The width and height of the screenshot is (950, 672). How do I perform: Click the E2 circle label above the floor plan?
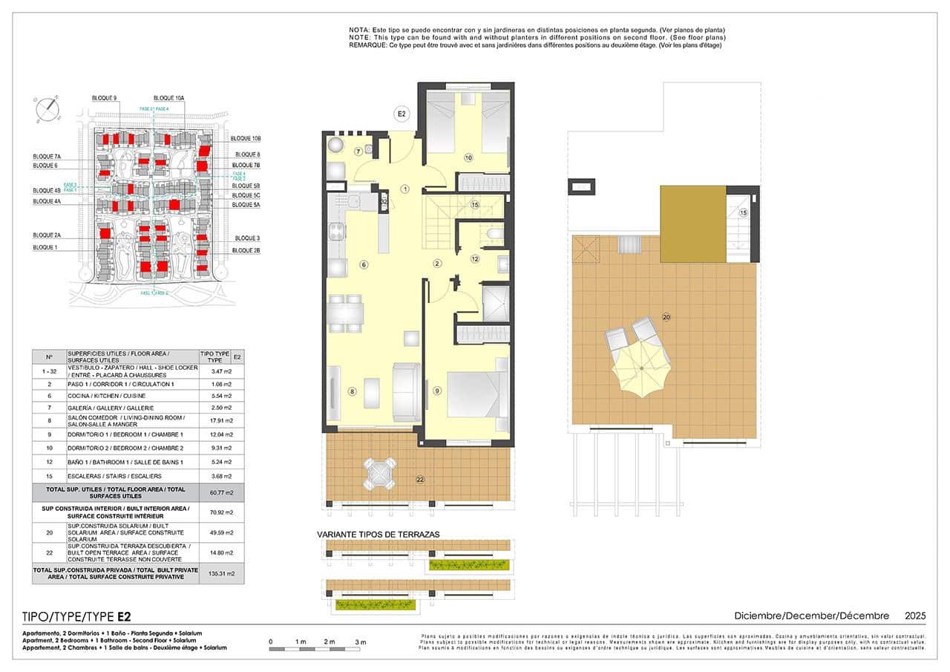pyautogui.click(x=402, y=114)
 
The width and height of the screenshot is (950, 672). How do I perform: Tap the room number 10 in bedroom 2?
pyautogui.click(x=468, y=157)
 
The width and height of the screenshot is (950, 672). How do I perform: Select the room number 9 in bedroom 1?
pyautogui.click(x=437, y=391)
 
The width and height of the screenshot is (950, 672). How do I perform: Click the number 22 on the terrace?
pyautogui.click(x=420, y=480)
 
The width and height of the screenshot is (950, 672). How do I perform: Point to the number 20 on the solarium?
pyautogui.click(x=666, y=317)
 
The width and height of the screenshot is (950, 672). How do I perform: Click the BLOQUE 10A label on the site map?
pyautogui.click(x=168, y=98)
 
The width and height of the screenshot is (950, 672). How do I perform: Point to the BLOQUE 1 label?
pyautogui.click(x=45, y=247)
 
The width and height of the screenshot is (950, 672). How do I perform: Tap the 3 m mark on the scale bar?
pyautogui.click(x=361, y=642)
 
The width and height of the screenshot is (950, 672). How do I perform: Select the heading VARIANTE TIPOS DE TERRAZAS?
pyautogui.click(x=379, y=534)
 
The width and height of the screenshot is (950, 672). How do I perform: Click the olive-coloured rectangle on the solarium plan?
pyautogui.click(x=692, y=224)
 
